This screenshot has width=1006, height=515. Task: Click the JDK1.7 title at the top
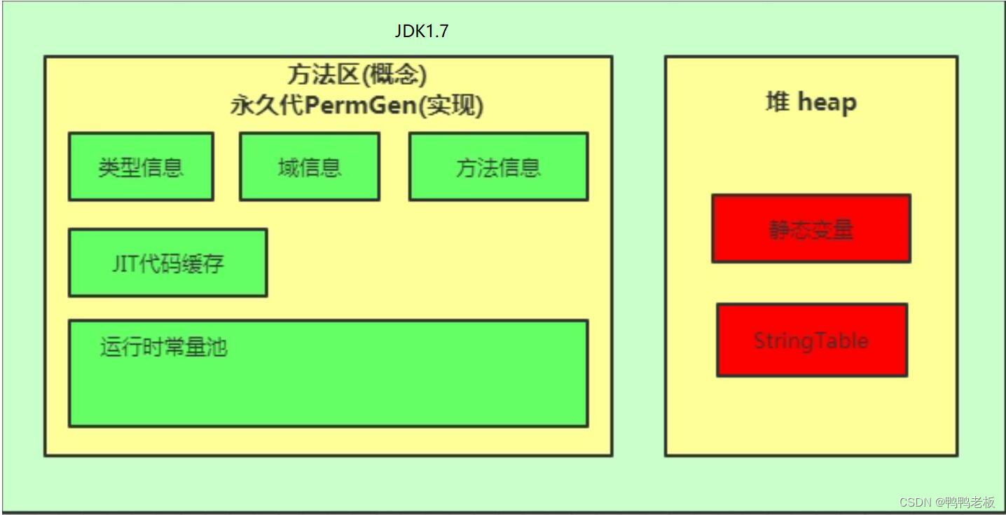tap(421, 32)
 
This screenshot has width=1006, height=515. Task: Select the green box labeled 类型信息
tap(141, 167)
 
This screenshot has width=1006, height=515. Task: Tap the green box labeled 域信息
tap(310, 167)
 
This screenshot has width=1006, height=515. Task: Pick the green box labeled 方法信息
tap(498, 167)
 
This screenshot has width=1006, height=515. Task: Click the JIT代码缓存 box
tap(167, 263)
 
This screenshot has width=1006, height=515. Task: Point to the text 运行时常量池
tap(163, 347)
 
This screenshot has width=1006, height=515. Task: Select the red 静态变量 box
tap(811, 228)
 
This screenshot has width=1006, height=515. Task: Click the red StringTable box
tap(811, 340)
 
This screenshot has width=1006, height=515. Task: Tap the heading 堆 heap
tap(811, 102)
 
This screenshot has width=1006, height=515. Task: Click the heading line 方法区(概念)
tap(357, 74)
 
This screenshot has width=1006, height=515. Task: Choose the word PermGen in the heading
tap(364, 106)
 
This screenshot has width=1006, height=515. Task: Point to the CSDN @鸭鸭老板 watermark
tap(946, 502)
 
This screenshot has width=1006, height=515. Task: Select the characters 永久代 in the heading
tap(259, 106)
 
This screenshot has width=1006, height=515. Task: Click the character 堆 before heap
tap(777, 102)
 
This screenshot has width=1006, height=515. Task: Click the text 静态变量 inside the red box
tap(811, 229)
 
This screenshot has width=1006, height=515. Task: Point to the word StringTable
tap(811, 341)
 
